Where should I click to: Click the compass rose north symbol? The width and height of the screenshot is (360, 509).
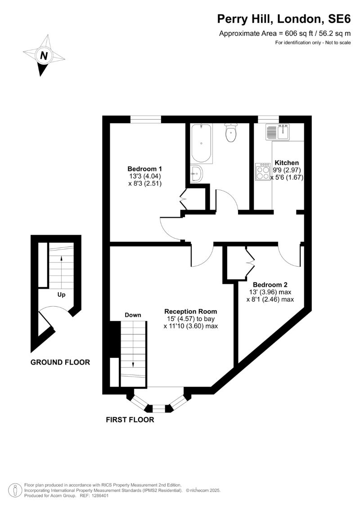point(44,56)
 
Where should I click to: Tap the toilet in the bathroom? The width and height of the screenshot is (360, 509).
point(231,133)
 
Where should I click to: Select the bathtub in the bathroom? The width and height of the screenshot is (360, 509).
point(201,143)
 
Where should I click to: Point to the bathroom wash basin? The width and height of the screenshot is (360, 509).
point(197,173)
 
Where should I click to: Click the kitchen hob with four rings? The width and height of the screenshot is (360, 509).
point(262,171)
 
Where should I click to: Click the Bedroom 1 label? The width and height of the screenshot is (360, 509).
point(144,169)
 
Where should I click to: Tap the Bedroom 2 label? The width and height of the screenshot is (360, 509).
point(270,285)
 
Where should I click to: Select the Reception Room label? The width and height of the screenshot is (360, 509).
point(190,311)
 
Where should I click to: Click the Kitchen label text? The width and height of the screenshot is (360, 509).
point(287,162)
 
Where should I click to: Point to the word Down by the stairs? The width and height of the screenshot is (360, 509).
point(133,315)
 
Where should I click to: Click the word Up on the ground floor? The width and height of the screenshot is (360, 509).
point(62,295)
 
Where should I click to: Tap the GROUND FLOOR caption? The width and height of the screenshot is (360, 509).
point(60,362)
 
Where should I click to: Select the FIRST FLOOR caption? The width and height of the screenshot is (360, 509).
point(130,420)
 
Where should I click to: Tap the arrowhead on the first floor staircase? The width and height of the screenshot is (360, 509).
point(133,365)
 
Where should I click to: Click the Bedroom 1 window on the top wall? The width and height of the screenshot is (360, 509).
point(145,119)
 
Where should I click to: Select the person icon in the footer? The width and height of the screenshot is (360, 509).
point(15,491)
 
